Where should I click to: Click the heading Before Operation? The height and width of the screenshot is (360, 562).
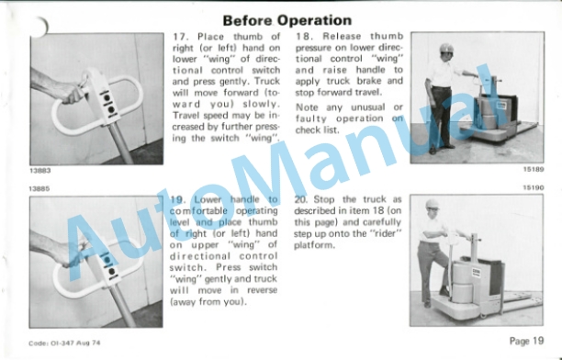(x=287, y=20)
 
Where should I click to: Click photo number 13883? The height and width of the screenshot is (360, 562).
(x=40, y=171)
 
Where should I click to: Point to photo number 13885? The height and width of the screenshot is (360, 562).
(x=39, y=188)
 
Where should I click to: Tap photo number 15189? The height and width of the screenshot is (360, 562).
(x=534, y=169)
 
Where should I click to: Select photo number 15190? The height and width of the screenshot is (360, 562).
(x=534, y=187)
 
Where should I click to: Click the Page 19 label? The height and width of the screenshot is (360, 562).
(x=526, y=341)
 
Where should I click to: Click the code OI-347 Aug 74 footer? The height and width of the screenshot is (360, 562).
(x=64, y=343)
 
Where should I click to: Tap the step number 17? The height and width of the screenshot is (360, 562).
(x=180, y=37)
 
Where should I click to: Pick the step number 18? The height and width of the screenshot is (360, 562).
(x=303, y=36)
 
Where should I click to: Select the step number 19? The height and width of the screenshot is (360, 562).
(x=178, y=199)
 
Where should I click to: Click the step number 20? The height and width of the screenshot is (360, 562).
(x=302, y=199)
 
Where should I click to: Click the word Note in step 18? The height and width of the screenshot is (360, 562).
(x=307, y=107)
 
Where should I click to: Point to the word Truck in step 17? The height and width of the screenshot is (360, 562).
(x=267, y=82)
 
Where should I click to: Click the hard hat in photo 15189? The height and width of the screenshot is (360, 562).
(x=446, y=48)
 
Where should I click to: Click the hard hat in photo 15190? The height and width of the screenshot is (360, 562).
(x=433, y=204)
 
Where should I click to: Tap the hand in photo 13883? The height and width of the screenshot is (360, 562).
(x=73, y=92)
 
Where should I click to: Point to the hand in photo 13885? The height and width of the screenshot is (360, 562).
(x=72, y=253)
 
